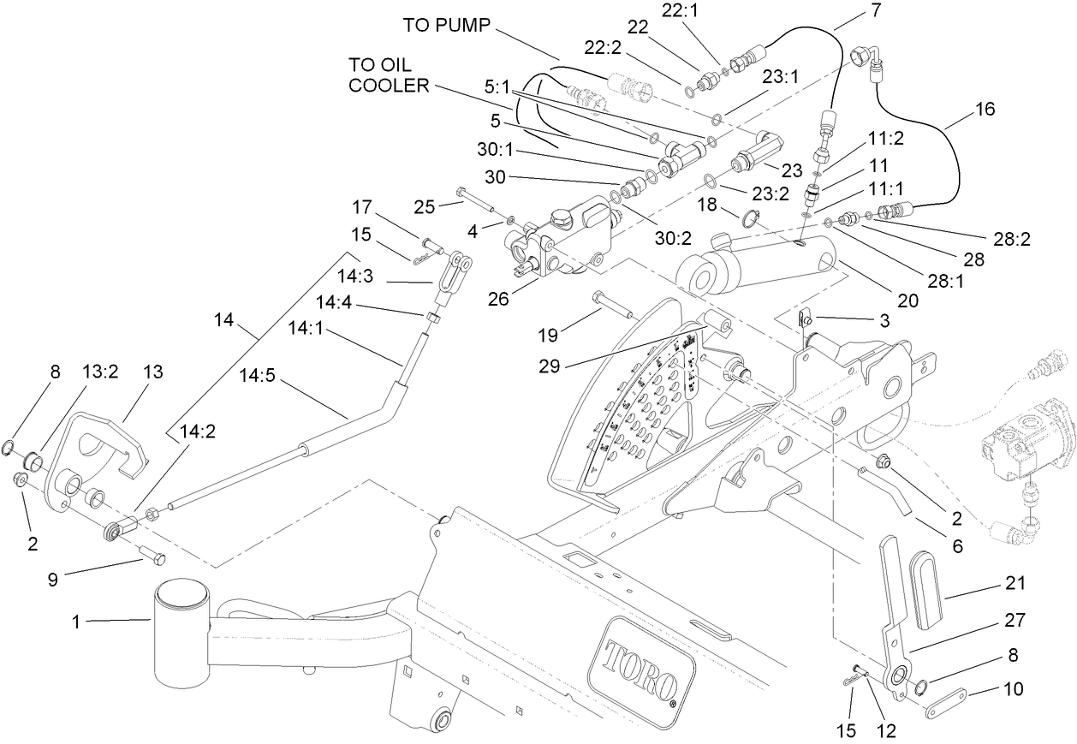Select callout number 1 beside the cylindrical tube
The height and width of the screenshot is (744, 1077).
point(76,622)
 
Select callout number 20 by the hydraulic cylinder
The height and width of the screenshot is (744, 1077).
point(907,301)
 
